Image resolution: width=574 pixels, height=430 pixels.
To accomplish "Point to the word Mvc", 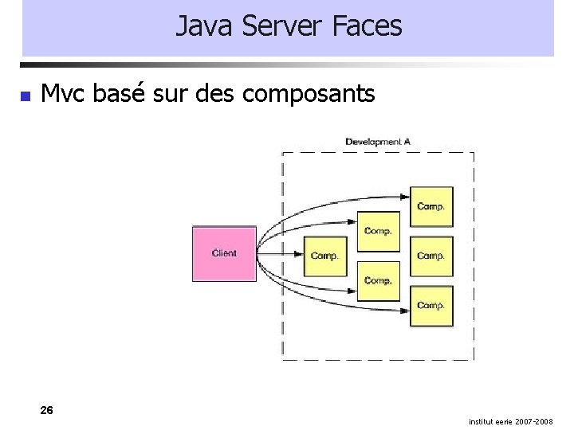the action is click(65, 94).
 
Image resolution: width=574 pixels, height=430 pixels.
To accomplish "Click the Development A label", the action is click(378, 142).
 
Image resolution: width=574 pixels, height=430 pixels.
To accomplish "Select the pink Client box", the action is click(224, 254).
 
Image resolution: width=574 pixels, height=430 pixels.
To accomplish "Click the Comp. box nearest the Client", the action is click(325, 256).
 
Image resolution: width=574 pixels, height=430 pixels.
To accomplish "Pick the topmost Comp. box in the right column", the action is click(431, 207).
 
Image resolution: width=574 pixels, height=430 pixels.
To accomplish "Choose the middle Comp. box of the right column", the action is click(431, 256).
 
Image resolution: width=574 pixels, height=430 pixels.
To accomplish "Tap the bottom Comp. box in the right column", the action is click(431, 306).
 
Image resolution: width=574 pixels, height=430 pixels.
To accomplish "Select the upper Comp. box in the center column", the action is click(378, 232).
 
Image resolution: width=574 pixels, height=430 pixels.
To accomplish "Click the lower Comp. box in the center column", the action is click(378, 281).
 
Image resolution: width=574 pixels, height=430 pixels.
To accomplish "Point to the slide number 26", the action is click(47, 410).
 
